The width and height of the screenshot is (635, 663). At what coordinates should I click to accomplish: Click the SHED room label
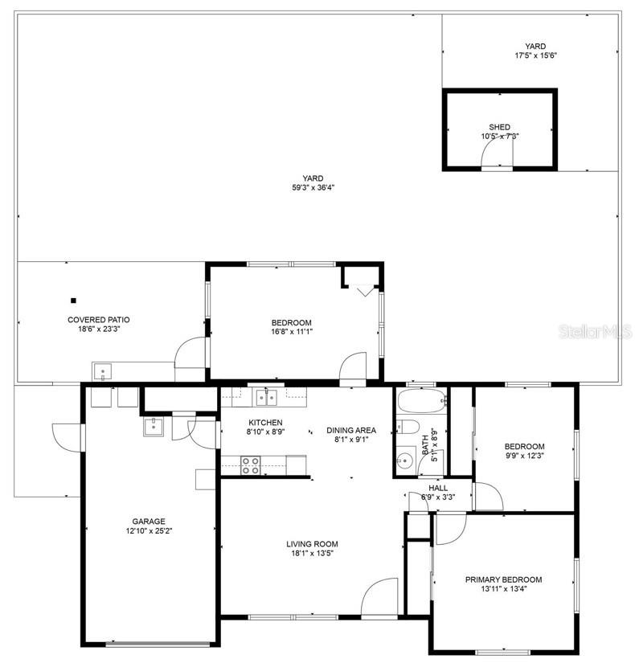[x=499, y=127]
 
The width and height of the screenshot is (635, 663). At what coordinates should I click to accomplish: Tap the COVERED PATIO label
[x=99, y=320]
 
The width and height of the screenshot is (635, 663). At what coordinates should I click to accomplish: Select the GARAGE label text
[x=149, y=522]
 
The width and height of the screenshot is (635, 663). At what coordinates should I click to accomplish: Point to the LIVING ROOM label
[x=312, y=544]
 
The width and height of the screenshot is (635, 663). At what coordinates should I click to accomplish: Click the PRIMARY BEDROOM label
[x=503, y=579]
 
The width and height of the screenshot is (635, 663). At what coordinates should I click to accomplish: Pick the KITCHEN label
[x=265, y=423]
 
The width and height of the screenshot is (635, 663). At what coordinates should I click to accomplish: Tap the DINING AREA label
[x=351, y=431]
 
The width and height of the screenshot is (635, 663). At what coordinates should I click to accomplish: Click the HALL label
[x=438, y=488]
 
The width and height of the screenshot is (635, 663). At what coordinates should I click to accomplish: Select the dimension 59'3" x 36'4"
[x=313, y=188]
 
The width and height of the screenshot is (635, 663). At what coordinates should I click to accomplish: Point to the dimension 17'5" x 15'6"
[x=535, y=55]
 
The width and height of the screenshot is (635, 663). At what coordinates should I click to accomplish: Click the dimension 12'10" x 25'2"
[x=149, y=530]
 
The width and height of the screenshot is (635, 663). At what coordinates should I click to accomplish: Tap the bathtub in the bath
[x=422, y=400]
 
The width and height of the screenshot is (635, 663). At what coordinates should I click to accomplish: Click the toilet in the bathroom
[x=408, y=427]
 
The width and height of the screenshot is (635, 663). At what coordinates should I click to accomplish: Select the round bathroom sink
[x=405, y=459]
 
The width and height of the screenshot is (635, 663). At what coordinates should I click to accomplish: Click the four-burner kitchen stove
[x=251, y=465]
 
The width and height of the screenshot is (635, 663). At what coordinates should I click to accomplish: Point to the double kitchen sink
[x=267, y=398]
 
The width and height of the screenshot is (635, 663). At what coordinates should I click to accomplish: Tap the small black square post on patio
[x=73, y=301]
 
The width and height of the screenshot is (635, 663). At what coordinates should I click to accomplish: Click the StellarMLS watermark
[x=596, y=331]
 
